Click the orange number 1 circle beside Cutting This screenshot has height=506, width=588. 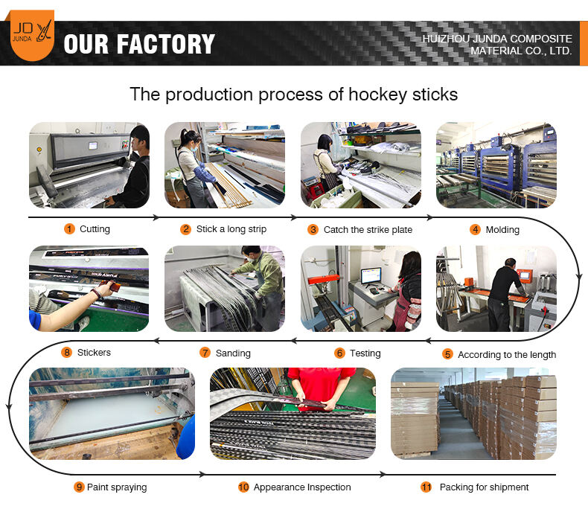point(69,229)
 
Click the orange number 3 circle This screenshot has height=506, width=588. point(313,230)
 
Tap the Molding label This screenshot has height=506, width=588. point(502,230)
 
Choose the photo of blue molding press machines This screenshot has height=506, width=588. point(496,164)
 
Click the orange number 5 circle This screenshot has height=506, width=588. point(447,354)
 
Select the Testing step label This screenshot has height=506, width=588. point(365,353)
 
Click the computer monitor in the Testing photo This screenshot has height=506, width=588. point(371,276)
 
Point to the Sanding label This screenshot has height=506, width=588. point(233,353)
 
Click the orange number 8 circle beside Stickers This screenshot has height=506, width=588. point(67,353)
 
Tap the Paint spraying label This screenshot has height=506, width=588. point(117,487)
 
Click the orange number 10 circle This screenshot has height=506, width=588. point(243,487)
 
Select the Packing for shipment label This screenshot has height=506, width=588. point(484,487)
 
